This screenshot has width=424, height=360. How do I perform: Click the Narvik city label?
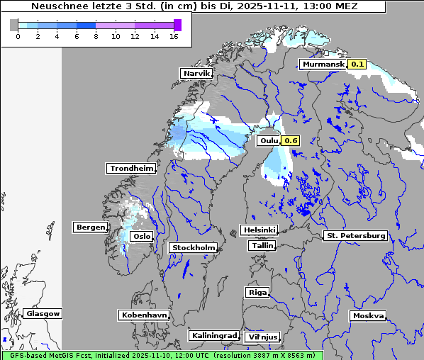[x=197, y=73]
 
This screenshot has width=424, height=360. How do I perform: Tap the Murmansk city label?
[x=323, y=64]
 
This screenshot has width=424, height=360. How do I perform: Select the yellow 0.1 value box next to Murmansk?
[x=357, y=64]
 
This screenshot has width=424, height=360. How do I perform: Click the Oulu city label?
[x=269, y=140]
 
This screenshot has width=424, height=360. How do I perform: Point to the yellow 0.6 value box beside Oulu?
[x=291, y=140]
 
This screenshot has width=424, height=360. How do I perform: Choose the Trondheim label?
[x=131, y=168]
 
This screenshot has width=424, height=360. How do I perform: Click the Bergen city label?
[x=89, y=227]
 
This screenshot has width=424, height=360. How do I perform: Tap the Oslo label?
[x=142, y=236]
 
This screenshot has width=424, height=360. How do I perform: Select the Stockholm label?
[x=193, y=247]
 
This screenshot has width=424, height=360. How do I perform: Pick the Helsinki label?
[x=259, y=230]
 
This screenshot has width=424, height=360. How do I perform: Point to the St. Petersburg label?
[x=355, y=235]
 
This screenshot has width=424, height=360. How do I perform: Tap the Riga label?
[x=257, y=292]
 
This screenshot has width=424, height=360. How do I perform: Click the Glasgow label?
[x=43, y=313]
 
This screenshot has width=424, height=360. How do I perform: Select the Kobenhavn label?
[x=144, y=314]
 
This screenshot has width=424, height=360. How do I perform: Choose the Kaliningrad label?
[x=213, y=335]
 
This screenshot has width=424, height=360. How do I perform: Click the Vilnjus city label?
[x=262, y=337]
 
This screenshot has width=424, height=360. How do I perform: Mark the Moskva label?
[x=368, y=316]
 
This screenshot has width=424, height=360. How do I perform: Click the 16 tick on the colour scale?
[x=174, y=35]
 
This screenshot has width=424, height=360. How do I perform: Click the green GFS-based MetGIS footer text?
[x=162, y=355]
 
